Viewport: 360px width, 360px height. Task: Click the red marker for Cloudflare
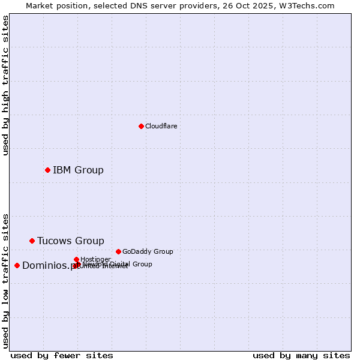[x=141, y=126]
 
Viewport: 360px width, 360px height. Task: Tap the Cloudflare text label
[x=161, y=126]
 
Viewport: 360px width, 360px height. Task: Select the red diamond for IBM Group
[x=47, y=170]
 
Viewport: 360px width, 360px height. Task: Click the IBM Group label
[x=78, y=170]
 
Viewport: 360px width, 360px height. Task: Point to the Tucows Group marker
[x=32, y=241]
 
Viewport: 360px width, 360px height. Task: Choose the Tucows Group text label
[x=70, y=241]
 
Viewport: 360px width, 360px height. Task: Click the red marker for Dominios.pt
[x=17, y=265]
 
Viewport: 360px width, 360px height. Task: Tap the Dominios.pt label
[x=48, y=266]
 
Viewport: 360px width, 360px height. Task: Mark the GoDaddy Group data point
[x=118, y=251]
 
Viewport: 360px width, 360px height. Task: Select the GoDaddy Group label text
[x=148, y=251]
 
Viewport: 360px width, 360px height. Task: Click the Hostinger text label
[x=95, y=259]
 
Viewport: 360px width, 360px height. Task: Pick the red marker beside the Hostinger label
[x=76, y=259]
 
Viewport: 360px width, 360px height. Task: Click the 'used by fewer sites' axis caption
[x=62, y=355]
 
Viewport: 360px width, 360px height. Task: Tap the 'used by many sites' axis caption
[x=301, y=355]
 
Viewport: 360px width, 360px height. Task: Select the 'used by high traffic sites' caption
[x=5, y=85]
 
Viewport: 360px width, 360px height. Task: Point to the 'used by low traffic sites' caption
[x=5, y=281]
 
